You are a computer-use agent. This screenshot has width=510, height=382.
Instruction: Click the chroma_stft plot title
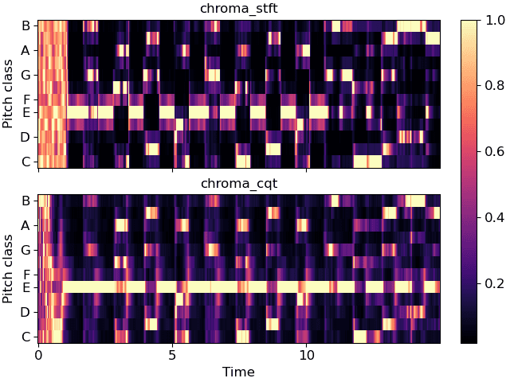coord(238,9)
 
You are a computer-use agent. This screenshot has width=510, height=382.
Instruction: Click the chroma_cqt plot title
coord(238,184)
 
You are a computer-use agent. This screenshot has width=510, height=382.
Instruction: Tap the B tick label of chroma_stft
coord(25,25)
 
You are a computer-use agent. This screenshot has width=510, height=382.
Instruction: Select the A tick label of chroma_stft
coord(25,50)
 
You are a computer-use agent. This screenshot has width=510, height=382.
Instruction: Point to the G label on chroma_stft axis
coord(25,75)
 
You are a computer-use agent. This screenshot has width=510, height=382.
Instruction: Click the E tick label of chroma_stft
coord(25,112)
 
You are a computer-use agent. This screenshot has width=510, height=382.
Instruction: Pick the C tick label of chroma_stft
coord(25,162)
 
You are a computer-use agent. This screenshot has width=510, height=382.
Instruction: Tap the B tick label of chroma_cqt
coord(25,201)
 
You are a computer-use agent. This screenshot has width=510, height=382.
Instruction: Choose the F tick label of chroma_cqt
coord(25,275)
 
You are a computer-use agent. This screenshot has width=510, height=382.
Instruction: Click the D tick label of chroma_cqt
coord(25,312)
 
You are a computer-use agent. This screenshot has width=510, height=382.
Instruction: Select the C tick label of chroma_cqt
coord(25,337)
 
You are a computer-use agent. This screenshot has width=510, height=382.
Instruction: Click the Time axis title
coord(238,371)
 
